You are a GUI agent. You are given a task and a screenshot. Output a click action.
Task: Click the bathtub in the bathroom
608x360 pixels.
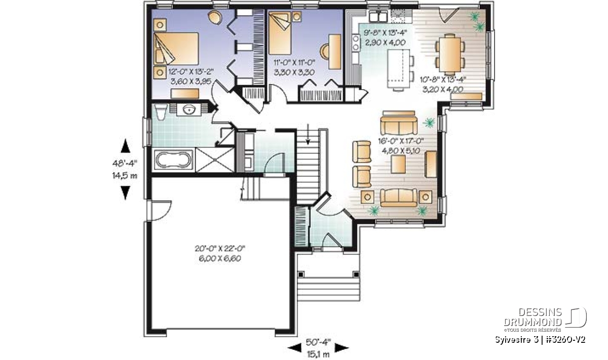tap(174, 160)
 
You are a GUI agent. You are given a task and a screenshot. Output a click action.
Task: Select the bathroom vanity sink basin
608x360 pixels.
tap(189, 110)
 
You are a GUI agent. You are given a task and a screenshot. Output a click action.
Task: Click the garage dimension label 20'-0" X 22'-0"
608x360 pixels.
tap(220, 249)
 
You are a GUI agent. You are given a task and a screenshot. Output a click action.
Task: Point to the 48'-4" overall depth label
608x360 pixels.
tap(125, 163)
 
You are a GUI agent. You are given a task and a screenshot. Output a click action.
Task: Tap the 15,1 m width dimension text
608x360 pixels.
tap(318, 354)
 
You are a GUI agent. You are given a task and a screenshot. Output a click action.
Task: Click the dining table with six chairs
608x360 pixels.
tap(450, 55)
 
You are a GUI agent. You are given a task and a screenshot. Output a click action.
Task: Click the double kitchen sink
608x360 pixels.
tap(378, 16)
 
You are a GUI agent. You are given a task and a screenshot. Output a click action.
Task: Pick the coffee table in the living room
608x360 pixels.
tap(398, 165)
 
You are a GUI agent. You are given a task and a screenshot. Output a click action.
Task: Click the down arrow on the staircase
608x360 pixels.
tap(308, 134)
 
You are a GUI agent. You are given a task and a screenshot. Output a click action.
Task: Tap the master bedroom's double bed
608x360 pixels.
tap(176, 49)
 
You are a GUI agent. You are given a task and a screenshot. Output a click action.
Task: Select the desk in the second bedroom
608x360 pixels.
tap(335, 52)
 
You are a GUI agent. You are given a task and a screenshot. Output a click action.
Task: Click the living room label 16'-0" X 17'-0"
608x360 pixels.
tap(401, 141)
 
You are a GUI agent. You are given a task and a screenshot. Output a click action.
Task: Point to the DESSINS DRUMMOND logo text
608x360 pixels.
tap(533, 316)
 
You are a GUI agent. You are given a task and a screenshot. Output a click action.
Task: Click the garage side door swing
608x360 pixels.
tap(160, 211)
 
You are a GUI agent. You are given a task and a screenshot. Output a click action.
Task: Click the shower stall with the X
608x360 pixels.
tap(215, 160)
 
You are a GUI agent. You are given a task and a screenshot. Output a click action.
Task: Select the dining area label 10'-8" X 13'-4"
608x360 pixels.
tap(443, 79)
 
